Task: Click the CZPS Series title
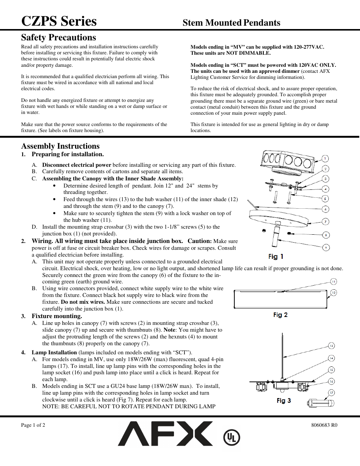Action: (59, 21)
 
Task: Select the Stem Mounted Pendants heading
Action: (231, 23)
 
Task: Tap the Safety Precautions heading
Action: (58, 37)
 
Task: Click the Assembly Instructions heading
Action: (60, 146)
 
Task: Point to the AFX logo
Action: (165, 434)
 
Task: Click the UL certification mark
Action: (231, 438)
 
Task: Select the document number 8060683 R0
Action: (324, 425)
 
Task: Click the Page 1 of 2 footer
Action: (33, 425)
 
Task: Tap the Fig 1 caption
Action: (275, 257)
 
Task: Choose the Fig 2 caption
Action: (280, 315)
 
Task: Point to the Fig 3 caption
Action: (284, 400)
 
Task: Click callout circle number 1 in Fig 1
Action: (325, 158)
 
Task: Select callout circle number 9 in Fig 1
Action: (326, 248)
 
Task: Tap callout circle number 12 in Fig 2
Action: (334, 292)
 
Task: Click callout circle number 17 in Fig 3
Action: (331, 393)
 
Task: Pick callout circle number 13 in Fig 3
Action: (331, 346)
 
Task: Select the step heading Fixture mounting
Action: (57, 316)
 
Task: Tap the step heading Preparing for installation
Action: (68, 154)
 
